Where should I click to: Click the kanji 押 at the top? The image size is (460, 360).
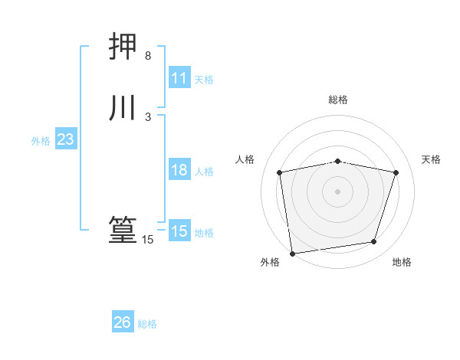tap(123, 48)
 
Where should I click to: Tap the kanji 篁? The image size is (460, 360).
tap(123, 231)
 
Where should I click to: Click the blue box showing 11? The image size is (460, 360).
tap(179, 78)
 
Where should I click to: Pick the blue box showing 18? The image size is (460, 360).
tap(179, 170)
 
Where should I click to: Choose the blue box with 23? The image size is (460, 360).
tap(65, 140)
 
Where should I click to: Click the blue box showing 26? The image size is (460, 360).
tap(123, 322)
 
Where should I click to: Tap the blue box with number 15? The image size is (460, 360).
tap(179, 231)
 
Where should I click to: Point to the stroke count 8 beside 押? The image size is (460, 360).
tap(147, 56)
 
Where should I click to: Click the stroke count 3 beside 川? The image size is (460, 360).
tap(147, 117)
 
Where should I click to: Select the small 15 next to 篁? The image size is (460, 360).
tap(147, 240)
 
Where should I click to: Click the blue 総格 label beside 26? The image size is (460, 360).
tap(147, 324)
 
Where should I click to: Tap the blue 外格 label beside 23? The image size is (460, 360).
tap(41, 141)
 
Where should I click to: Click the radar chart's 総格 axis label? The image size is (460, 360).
tap(338, 100)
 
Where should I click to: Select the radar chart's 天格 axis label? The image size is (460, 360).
tap(431, 159)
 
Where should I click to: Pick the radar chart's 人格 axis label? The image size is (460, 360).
tap(245, 159)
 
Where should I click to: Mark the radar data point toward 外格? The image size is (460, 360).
tap(292, 253)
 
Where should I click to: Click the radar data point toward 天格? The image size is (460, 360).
tap(396, 172)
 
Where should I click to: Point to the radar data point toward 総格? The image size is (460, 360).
tap(338, 161)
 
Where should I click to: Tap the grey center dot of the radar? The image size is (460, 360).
tap(338, 191)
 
